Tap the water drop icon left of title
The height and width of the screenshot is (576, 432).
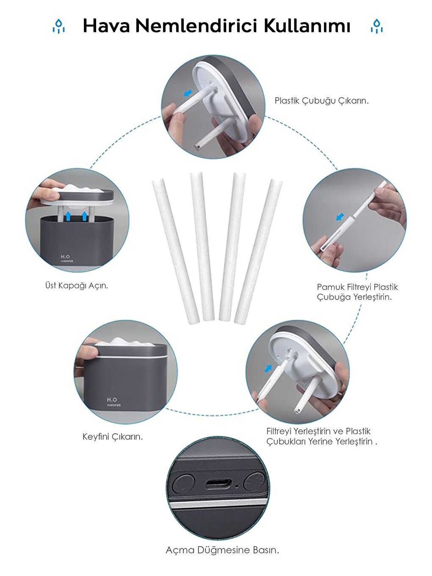click(58, 26)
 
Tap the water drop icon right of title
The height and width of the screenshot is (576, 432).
click(376, 26)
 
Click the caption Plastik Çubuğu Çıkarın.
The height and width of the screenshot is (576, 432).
click(321, 101)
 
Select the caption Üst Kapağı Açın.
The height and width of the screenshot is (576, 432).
click(77, 285)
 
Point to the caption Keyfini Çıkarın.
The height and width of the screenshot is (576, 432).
click(113, 437)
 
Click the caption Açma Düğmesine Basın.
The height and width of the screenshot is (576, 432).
click(222, 550)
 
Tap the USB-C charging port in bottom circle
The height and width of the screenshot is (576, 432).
click(219, 484)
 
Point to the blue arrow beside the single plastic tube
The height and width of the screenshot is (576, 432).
click(339, 216)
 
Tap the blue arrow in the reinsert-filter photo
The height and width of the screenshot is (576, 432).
click(268, 368)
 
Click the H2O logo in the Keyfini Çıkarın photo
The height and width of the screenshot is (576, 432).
click(112, 400)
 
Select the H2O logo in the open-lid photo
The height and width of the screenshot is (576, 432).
click(65, 257)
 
